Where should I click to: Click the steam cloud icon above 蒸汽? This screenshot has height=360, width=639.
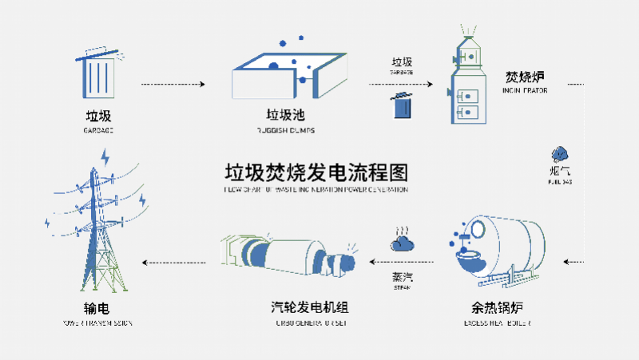pyautogui.click(x=402, y=240)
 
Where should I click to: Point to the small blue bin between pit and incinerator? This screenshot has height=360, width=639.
pyautogui.click(x=402, y=105)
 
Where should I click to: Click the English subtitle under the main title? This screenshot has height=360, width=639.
pyautogui.click(x=316, y=191)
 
